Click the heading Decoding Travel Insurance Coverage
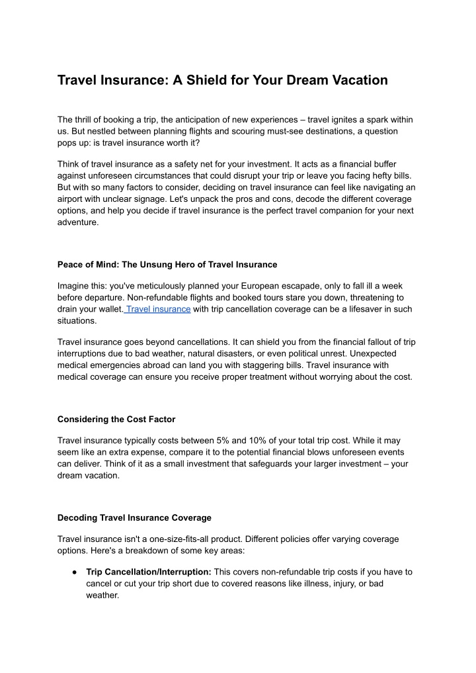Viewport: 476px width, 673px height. coord(134,517)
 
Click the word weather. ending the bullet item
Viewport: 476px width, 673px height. coord(102,596)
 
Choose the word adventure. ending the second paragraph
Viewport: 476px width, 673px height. coord(78,223)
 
